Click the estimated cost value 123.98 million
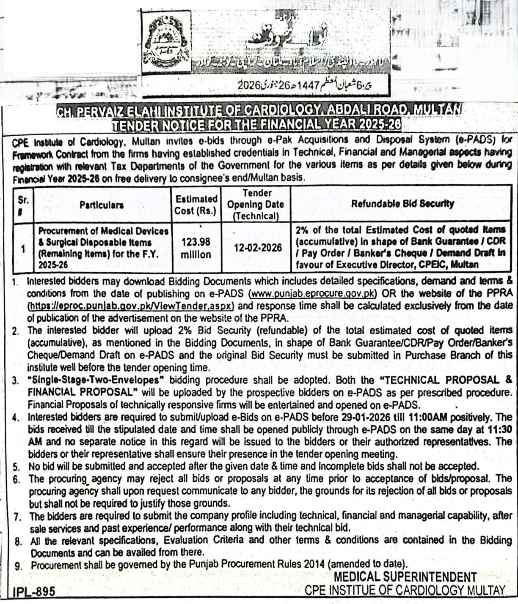(x=196, y=248)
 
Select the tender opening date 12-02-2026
(x=258, y=248)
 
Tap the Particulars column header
(x=102, y=205)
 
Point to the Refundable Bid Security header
(x=402, y=204)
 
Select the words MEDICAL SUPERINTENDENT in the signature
(x=405, y=577)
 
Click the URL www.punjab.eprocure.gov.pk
(x=313, y=293)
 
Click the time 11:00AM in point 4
(x=428, y=417)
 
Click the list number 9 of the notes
(x=18, y=566)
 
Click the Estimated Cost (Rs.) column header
(x=196, y=205)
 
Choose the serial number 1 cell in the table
(x=23, y=248)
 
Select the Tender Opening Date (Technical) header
(x=256, y=205)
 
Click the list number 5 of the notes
(x=16, y=467)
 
